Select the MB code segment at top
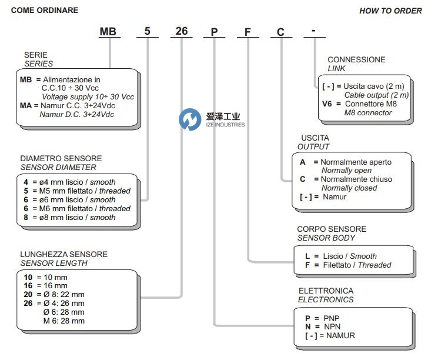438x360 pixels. [x=108, y=32]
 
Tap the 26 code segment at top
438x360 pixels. [x=182, y=31]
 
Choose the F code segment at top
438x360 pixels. [x=248, y=32]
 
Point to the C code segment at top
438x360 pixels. [x=281, y=32]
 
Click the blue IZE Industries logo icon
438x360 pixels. [x=190, y=120]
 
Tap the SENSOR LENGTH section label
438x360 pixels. [x=54, y=263]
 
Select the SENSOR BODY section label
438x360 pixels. [x=326, y=238]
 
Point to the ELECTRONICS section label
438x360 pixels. [x=326, y=299]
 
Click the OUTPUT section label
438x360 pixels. [x=313, y=146]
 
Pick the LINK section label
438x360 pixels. [x=337, y=68]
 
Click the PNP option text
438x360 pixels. [x=331, y=318]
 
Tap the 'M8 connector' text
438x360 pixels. [x=367, y=112]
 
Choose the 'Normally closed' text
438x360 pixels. [x=349, y=188]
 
